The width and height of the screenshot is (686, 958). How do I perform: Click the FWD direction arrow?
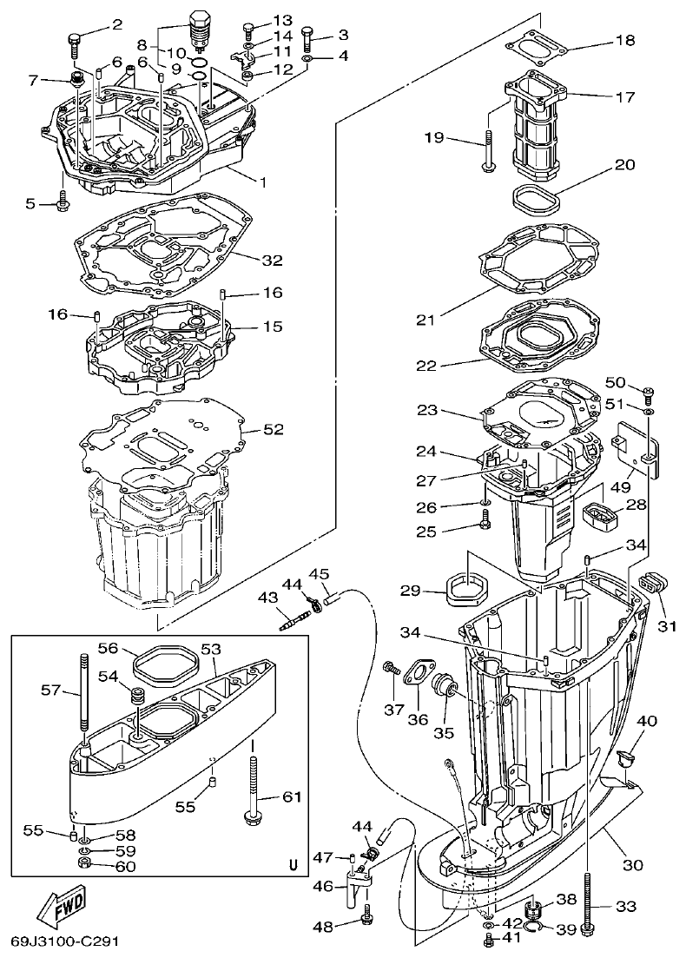62,908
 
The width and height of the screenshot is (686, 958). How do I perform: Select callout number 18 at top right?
625,41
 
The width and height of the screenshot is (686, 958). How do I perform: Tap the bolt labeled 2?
74,39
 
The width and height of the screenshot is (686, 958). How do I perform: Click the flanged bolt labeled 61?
253,786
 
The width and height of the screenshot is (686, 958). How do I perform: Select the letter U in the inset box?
292,865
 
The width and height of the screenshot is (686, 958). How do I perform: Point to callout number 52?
273,428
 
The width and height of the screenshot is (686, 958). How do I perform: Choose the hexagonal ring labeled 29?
464,591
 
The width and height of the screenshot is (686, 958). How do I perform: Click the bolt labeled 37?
389,669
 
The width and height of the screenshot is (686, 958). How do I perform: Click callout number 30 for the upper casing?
633,864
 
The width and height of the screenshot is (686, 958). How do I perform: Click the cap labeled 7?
76,82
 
